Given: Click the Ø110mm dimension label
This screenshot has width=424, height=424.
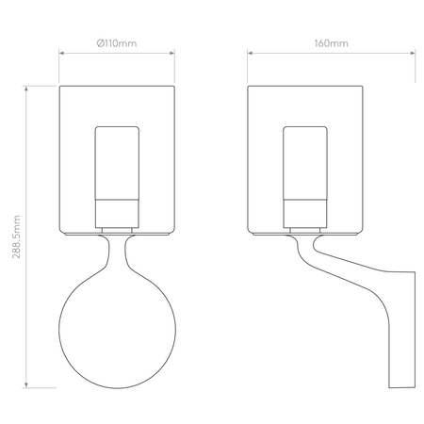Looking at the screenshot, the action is point(117,43).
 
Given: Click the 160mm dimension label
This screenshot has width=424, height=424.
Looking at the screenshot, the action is point(332,43).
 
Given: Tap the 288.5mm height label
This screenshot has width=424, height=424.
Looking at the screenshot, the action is point(16,236).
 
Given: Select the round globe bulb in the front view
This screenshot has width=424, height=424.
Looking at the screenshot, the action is point(117,330).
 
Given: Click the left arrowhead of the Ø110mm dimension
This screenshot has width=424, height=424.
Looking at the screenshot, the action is point(61,53).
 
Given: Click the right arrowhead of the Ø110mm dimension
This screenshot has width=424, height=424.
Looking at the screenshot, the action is point(172,53).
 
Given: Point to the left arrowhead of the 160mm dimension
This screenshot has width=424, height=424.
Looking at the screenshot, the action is point(250,53).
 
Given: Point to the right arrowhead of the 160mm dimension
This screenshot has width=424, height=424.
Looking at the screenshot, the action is point(413,53).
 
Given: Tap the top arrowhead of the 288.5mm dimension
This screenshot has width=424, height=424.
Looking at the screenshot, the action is point(26,89).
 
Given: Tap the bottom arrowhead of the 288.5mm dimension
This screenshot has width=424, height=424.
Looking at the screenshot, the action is point(26,384).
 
